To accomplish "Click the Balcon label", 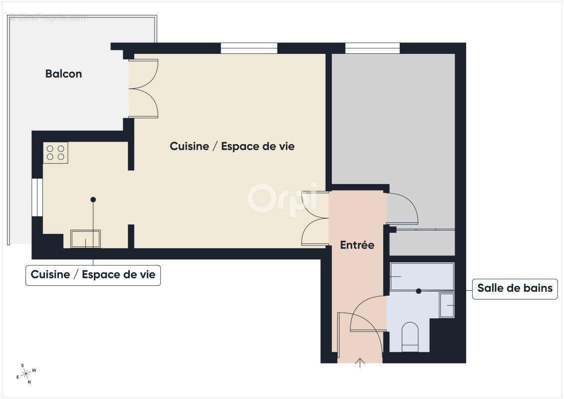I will point(63,74).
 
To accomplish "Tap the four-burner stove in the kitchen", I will point(55,153).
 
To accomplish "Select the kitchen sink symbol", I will point(85,239).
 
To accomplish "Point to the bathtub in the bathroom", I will point(422,276).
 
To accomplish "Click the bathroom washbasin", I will point(447,305).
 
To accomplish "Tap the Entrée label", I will point(357,245).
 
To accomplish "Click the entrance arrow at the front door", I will point(359,363).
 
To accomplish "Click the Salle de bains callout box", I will point(515,288).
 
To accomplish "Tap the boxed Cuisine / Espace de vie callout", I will point(93,275).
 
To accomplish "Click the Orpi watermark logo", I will point(282,198).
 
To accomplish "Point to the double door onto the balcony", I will point(144,89).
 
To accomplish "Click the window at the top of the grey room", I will point(372,48).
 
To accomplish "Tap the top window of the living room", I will point(249,48).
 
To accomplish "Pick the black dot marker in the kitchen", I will point(93,199).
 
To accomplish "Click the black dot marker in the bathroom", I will point(419,291).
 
